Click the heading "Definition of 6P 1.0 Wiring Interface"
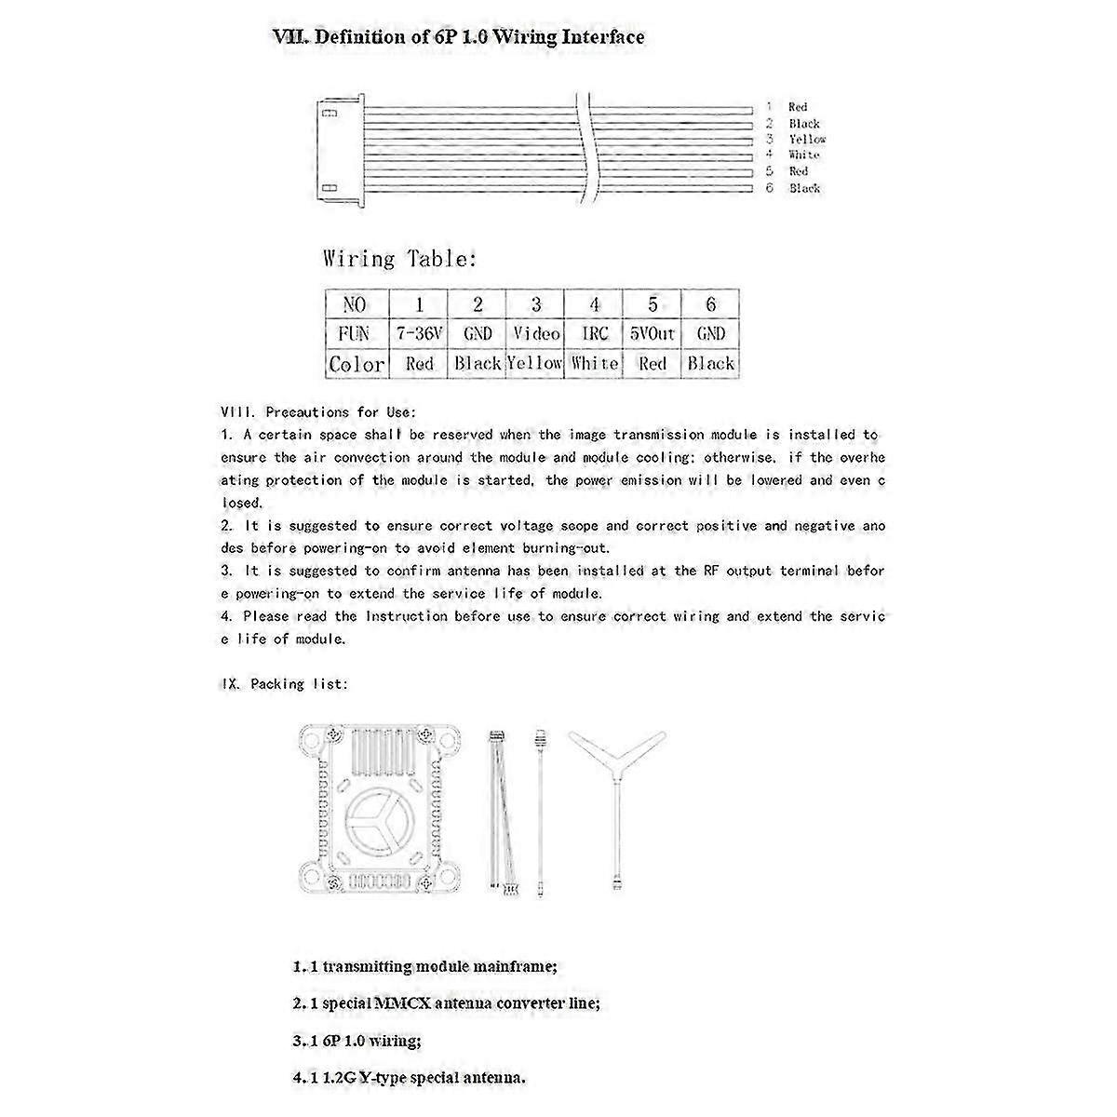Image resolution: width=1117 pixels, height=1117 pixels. pyautogui.click(x=458, y=37)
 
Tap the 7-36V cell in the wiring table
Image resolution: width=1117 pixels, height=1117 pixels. pyautogui.click(x=419, y=333)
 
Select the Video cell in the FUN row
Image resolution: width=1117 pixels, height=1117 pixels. pyautogui.click(x=536, y=333)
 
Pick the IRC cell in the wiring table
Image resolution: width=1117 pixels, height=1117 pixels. pyautogui.click(x=595, y=333)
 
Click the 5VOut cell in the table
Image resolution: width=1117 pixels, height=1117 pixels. pyautogui.click(x=653, y=333)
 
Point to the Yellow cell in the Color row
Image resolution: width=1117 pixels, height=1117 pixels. pyautogui.click(x=536, y=363)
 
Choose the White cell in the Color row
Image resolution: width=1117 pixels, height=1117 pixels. pyautogui.click(x=595, y=363)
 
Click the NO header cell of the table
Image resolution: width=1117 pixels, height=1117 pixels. pyautogui.click(x=356, y=304)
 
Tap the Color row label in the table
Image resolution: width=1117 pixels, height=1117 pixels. pyautogui.click(x=356, y=363)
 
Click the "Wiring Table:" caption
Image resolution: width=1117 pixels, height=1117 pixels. pyautogui.click(x=400, y=259)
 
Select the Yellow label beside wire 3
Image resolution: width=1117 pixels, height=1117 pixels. pyautogui.click(x=807, y=139)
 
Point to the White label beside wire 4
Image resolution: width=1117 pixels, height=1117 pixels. pyautogui.click(x=803, y=155)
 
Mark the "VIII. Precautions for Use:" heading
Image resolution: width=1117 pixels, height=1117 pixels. pyautogui.click(x=318, y=411)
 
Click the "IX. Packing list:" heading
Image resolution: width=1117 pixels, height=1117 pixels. pyautogui.click(x=285, y=684)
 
